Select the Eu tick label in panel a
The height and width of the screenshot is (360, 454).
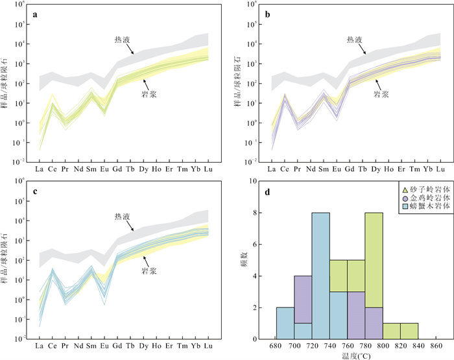[104, 170]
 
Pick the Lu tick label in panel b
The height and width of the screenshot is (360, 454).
[440, 170]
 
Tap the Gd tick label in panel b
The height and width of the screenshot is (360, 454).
[352, 170]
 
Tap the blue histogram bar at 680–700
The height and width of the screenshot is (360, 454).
[285, 322]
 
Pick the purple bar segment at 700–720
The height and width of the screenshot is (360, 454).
[303, 299]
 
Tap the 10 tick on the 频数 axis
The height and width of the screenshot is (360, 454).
[259, 182]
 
